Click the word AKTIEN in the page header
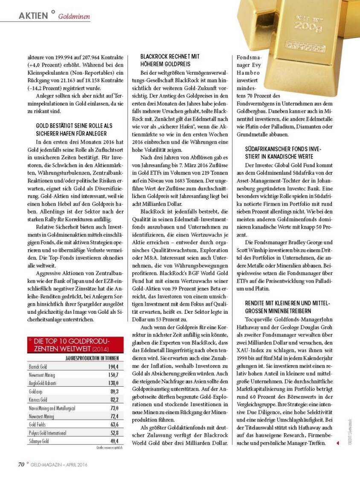pyautogui.click(x=33, y=16)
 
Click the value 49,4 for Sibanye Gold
pyautogui.click(x=113, y=441)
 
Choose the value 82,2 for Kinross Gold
pyautogui.click(x=113, y=399)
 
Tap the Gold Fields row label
pyautogui.click(x=38, y=425)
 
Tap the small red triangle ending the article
pyautogui.click(x=338, y=443)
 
